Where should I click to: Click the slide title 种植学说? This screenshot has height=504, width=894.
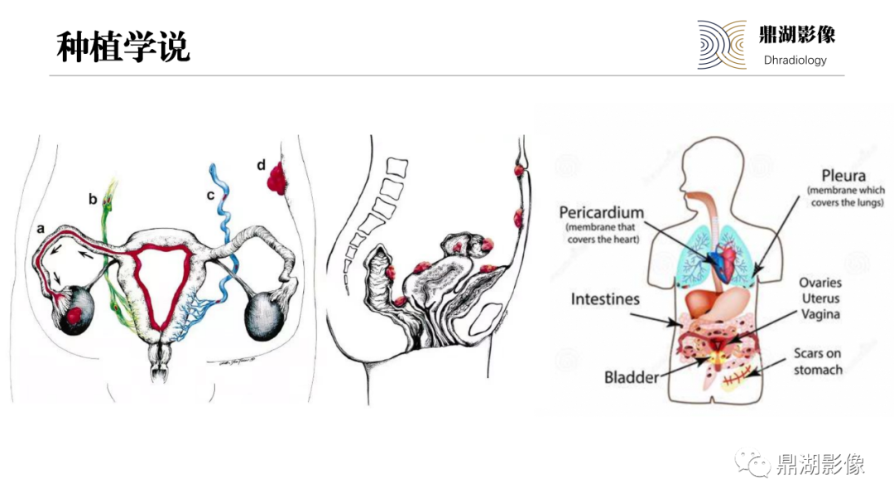123,46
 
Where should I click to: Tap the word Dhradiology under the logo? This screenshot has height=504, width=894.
795,60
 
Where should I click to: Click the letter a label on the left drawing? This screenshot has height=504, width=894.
41,229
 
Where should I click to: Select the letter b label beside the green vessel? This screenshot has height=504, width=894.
93,199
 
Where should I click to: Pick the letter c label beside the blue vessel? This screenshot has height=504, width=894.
210,195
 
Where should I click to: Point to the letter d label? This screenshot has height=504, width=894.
261,165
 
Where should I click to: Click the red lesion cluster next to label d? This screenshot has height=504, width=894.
276,178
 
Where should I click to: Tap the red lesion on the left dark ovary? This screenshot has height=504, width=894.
75,314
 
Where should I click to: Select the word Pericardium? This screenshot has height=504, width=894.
602,212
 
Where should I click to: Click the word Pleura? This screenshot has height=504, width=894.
844,176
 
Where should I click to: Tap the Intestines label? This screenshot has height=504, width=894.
605,299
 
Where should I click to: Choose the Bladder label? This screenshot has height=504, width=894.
631,377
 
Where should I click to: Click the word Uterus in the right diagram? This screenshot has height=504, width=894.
820,298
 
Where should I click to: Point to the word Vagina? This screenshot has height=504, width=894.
820,314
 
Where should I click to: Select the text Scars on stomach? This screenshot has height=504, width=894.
818,361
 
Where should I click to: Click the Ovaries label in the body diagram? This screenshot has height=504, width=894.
820,283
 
